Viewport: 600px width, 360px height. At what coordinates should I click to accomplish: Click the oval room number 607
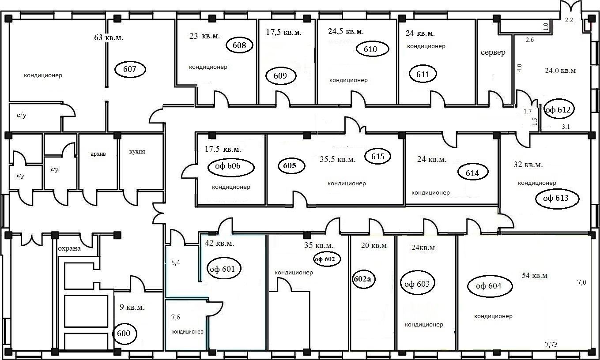click(x=130, y=69)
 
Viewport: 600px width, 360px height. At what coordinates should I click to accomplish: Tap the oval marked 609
click(x=280, y=75)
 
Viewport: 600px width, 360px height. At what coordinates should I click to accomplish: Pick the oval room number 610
click(x=370, y=49)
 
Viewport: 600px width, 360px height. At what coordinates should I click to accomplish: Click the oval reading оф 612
click(x=558, y=109)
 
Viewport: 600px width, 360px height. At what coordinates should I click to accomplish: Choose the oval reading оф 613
click(x=555, y=198)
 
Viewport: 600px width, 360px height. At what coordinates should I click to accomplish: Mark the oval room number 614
click(x=472, y=173)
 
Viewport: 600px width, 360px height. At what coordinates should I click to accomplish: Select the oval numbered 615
click(x=378, y=156)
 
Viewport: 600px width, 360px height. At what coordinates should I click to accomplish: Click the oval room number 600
click(x=124, y=333)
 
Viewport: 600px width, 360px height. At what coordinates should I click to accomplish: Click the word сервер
click(x=493, y=52)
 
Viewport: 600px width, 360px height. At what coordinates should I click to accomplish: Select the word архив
click(x=98, y=154)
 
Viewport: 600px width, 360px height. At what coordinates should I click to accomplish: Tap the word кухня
click(x=137, y=151)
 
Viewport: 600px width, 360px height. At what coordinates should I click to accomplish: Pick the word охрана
click(x=69, y=248)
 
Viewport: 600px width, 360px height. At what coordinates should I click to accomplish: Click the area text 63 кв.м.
click(x=109, y=37)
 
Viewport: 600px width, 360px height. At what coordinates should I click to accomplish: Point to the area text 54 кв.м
click(x=535, y=276)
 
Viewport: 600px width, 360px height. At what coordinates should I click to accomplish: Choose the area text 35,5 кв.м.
click(x=337, y=159)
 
